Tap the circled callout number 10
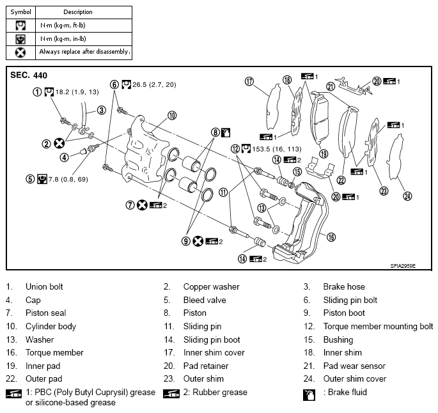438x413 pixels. (x=172, y=116)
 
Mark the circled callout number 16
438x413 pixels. (x=331, y=237)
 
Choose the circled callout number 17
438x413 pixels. (x=249, y=81)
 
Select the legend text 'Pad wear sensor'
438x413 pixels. (x=354, y=366)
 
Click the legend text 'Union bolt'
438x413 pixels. (x=44, y=287)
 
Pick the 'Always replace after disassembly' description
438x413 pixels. (x=85, y=51)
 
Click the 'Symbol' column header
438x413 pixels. (x=21, y=12)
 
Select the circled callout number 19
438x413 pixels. (x=324, y=153)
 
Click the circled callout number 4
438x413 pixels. (x=65, y=157)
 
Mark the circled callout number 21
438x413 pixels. (x=331, y=86)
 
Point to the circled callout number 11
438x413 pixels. (x=223, y=192)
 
